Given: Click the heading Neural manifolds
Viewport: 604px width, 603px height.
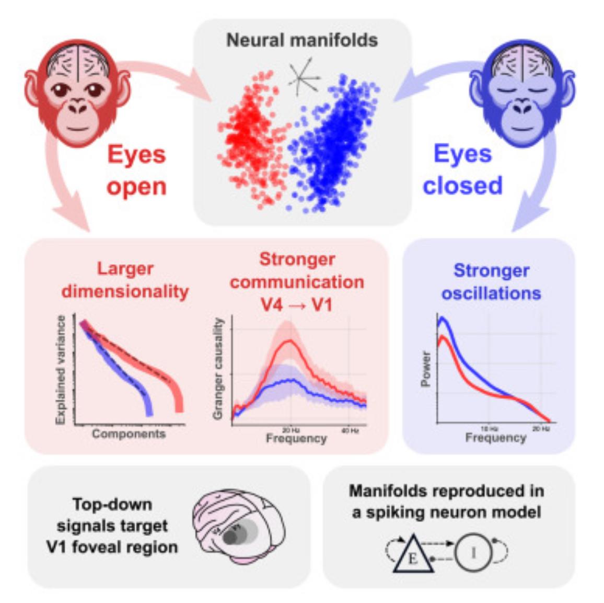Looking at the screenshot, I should (302, 40).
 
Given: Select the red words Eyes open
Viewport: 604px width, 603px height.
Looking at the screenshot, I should (136, 170).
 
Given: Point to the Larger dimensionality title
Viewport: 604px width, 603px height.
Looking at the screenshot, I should (125, 280).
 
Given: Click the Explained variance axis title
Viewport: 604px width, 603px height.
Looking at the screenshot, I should (61, 369).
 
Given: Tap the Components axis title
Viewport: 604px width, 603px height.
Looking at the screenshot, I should (129, 434).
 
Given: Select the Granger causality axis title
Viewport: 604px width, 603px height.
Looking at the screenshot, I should (218, 369).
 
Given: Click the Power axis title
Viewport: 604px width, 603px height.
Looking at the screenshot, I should (426, 369).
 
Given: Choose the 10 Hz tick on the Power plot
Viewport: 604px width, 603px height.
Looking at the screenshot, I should (490, 428).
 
